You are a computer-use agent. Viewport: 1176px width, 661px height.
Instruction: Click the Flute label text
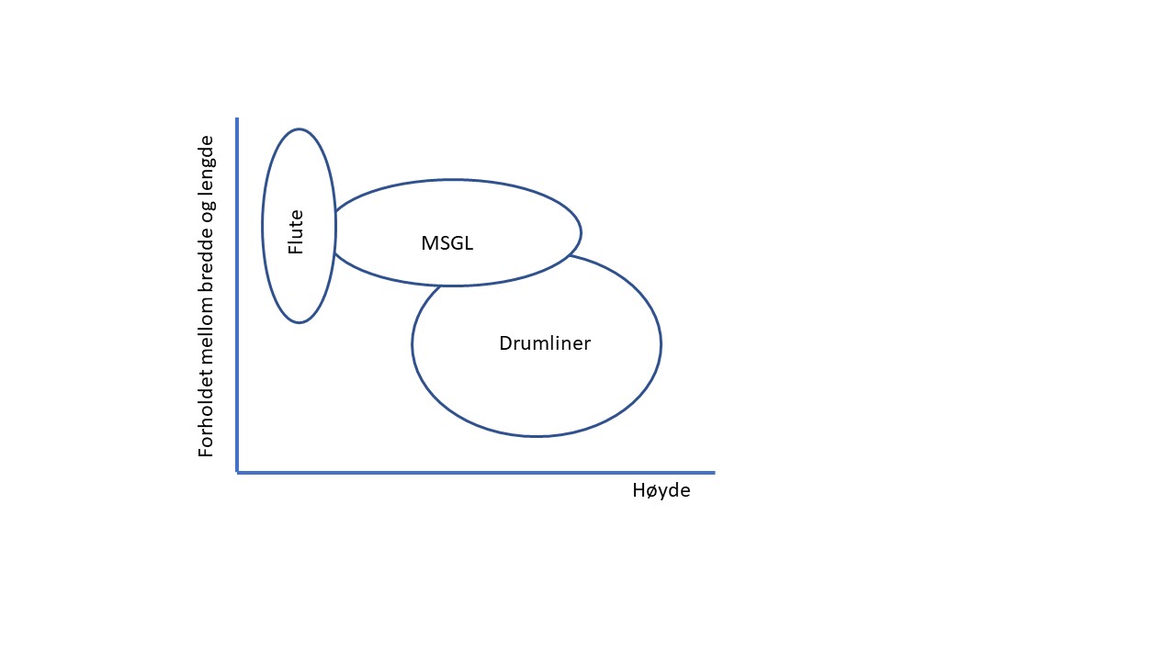pos(296,233)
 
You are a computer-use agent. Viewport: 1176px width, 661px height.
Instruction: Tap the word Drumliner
pos(545,343)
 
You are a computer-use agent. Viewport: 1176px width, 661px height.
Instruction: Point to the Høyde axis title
pos(661,490)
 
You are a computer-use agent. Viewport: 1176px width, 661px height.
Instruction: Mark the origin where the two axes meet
pos(238,472)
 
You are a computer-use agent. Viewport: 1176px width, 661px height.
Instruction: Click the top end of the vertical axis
pos(238,119)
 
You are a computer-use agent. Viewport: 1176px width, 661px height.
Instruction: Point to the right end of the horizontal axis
pos(713,472)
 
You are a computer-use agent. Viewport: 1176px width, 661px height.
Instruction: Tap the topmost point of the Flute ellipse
pos(299,129)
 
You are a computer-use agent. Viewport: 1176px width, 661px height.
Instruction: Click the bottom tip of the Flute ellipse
pos(299,323)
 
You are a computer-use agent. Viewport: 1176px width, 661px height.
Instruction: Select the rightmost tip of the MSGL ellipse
pos(581,232)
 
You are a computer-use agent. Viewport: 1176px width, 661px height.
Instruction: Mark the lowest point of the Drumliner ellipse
pos(537,436)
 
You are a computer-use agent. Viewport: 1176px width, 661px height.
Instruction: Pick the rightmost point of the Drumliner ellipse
pos(661,344)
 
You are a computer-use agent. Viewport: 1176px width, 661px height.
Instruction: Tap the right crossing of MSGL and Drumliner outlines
pos(570,256)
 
